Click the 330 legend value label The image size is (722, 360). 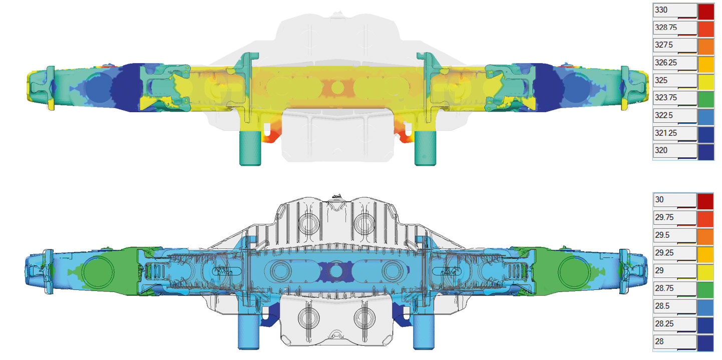click(661, 10)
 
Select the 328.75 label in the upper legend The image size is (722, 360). click(666, 28)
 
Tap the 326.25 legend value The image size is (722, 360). click(666, 63)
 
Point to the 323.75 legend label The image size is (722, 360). click(666, 98)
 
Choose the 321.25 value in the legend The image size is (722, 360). click(666, 133)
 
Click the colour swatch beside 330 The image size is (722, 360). click(706, 12)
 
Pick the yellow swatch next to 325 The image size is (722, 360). click(706, 82)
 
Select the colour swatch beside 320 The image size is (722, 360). click(706, 152)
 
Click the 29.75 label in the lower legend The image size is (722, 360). click(664, 217)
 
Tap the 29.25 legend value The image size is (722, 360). click(664, 253)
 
